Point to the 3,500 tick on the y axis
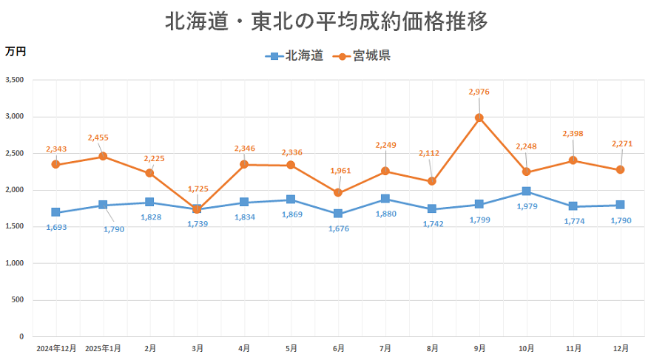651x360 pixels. (15, 80)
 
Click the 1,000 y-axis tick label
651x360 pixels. (15, 263)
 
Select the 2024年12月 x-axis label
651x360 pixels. (56, 347)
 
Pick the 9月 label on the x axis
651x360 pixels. (479, 347)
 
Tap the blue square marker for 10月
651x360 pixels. (526, 191)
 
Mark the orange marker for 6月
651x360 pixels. (338, 193)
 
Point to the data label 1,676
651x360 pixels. (337, 228)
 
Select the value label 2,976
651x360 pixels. (479, 92)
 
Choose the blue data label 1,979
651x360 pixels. (527, 207)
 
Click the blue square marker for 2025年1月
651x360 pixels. (103, 205)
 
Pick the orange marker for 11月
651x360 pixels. (573, 160)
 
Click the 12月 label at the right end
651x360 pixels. (621, 347)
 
